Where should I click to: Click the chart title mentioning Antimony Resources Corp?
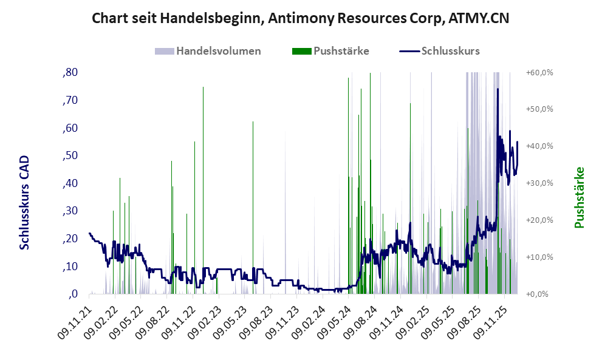(x=300, y=18)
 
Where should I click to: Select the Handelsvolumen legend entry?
(x=218, y=51)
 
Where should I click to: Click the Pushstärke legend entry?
(x=341, y=51)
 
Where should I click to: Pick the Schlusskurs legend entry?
(x=450, y=51)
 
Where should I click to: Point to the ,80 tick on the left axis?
(x=70, y=72)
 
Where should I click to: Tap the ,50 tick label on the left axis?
(x=70, y=155)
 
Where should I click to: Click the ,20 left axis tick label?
(x=70, y=239)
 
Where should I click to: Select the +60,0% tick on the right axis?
(x=539, y=72)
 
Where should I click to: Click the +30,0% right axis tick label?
(x=539, y=183)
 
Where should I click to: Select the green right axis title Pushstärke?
(x=578, y=197)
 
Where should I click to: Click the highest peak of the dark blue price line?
(x=498, y=89)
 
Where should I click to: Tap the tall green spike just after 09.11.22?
(x=203, y=88)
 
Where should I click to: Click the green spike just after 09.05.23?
(x=253, y=123)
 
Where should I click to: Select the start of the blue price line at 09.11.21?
(x=89, y=233)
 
